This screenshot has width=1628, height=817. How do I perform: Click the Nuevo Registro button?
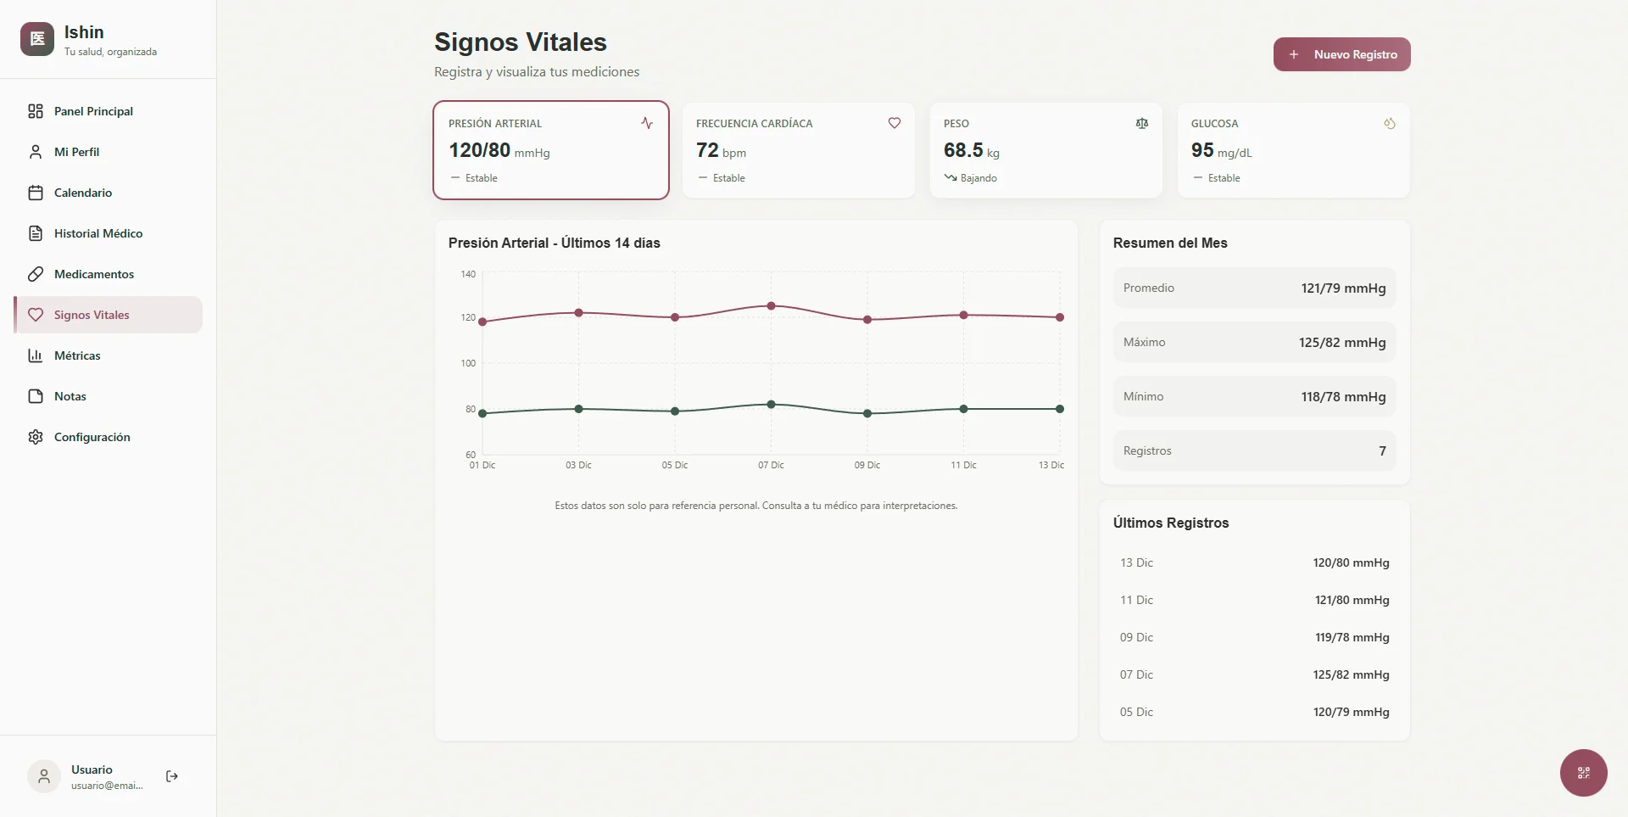(1341, 54)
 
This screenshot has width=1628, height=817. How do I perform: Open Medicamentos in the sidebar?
(93, 274)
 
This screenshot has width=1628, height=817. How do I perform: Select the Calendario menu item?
(82, 193)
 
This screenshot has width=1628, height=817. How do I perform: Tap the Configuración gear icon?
(36, 437)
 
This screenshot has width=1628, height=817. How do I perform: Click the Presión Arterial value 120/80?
(480, 150)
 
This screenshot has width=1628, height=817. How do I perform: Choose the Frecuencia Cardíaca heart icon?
(894, 123)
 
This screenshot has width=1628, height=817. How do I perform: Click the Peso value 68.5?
(963, 150)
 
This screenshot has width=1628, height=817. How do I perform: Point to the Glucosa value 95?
(1202, 150)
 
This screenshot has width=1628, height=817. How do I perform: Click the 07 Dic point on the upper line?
(771, 305)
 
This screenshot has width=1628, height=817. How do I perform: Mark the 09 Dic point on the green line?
(867, 413)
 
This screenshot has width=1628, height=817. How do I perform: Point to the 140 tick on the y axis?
(468, 274)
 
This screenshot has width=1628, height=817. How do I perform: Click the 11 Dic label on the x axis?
(963, 465)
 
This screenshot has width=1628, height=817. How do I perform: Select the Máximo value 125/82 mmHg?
(1341, 343)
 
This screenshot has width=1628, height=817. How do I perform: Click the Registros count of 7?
(1382, 451)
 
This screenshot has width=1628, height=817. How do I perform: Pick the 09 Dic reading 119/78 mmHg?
(1352, 637)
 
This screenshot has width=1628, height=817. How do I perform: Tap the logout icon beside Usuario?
(172, 776)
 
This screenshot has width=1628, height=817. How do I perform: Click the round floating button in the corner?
(1583, 772)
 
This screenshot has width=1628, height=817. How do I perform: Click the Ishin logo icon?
(37, 39)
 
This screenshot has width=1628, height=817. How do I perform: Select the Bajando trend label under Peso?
(978, 178)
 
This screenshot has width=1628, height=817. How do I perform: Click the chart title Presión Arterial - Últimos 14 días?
(554, 243)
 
